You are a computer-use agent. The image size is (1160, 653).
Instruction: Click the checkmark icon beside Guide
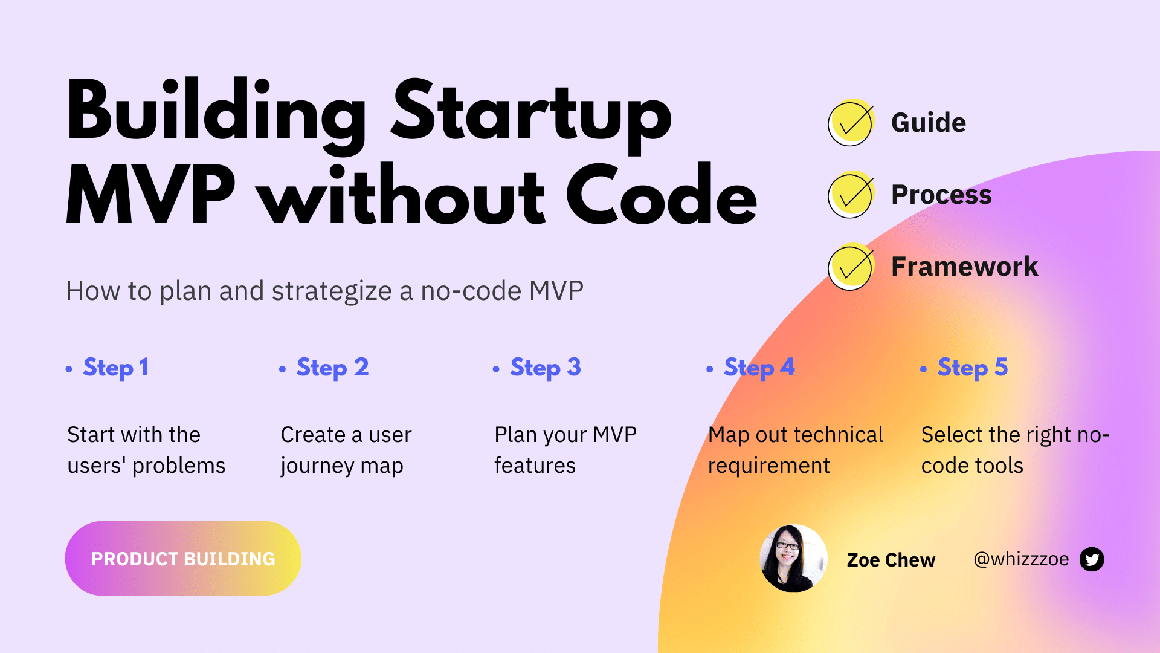(850, 123)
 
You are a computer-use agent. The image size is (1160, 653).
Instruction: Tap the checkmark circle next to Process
(850, 195)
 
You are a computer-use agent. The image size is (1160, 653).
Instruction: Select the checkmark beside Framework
(850, 267)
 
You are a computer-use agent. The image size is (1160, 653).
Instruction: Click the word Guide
(929, 123)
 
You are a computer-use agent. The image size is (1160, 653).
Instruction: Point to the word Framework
(964, 267)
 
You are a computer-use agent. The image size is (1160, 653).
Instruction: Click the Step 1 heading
(116, 368)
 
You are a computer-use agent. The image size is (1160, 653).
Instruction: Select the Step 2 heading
(332, 368)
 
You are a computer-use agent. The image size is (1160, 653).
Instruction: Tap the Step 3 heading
(546, 368)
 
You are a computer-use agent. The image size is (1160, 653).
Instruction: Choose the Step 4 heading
(759, 368)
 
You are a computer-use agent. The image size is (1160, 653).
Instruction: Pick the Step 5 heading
(973, 368)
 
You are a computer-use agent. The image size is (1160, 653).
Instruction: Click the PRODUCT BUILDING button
(183, 559)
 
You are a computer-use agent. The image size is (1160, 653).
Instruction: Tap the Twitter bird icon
(1092, 559)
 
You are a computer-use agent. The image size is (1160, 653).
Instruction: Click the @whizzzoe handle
(1021, 559)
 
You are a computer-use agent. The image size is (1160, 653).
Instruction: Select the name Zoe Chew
(891, 560)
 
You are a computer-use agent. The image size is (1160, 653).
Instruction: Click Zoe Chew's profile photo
(793, 558)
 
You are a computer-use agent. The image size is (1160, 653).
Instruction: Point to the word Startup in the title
(532, 115)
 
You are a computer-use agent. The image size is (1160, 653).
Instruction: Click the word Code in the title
(661, 197)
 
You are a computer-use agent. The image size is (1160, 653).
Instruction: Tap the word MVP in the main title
(151, 197)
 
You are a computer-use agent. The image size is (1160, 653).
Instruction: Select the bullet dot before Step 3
(496, 369)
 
